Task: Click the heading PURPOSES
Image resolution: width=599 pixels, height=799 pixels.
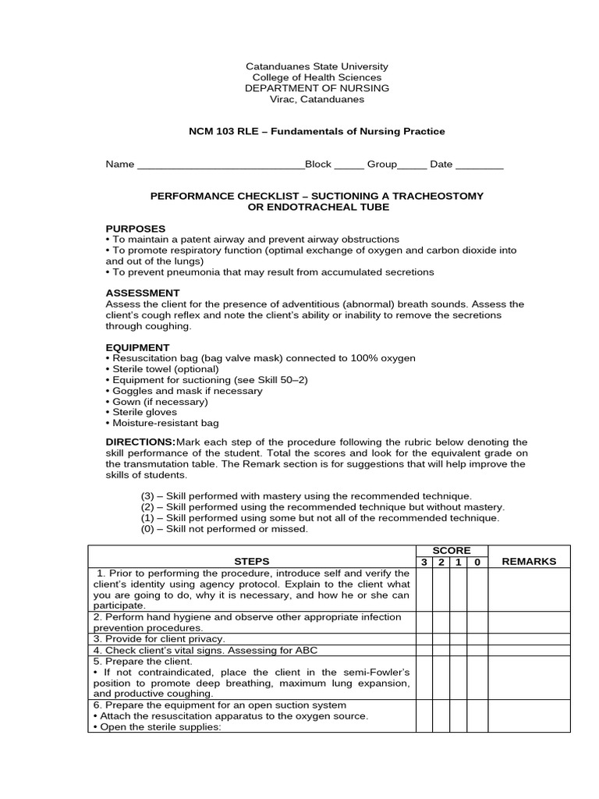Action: click(136, 228)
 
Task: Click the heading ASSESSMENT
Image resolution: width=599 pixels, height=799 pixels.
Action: click(143, 293)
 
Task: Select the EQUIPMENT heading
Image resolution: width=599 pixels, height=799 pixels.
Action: click(137, 346)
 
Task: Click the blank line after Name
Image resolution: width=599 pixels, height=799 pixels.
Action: click(220, 165)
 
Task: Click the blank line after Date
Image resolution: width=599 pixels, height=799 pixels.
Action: click(479, 165)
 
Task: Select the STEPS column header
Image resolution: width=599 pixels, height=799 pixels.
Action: click(251, 561)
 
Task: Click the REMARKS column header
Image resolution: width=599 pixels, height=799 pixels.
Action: click(529, 561)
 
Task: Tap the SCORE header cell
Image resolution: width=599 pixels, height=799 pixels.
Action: click(452, 550)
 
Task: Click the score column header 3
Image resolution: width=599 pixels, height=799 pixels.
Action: click(424, 562)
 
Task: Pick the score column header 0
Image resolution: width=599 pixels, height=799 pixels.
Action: click(477, 562)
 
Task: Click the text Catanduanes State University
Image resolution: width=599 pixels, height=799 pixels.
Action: click(317, 67)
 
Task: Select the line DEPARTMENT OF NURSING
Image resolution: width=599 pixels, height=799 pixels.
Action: click(317, 88)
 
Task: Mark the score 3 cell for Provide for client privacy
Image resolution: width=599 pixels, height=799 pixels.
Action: click(424, 638)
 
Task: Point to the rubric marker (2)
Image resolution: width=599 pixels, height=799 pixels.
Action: click(148, 506)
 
